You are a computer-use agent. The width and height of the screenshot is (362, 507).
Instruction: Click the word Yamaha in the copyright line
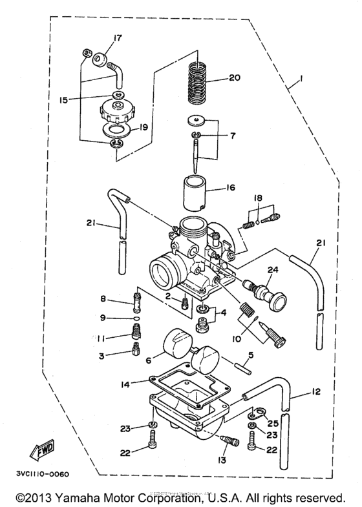tap(96, 498)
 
